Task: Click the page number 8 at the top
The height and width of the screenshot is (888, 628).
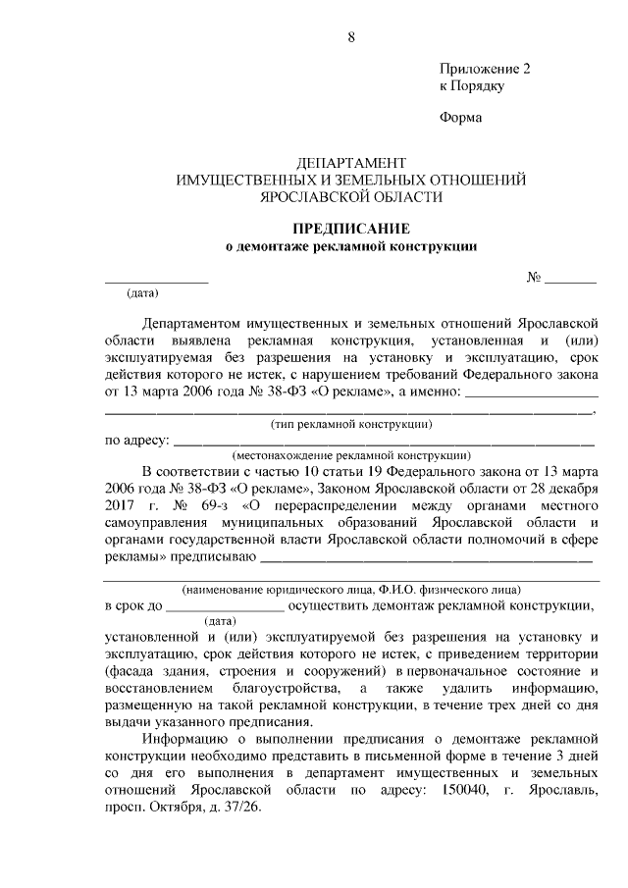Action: point(350,37)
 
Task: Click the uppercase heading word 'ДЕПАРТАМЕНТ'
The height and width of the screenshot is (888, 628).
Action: point(350,163)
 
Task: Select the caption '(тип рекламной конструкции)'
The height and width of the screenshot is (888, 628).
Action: point(350,424)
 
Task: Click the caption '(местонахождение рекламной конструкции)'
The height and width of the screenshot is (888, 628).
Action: point(350,455)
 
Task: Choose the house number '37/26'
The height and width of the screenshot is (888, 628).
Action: point(240,812)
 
